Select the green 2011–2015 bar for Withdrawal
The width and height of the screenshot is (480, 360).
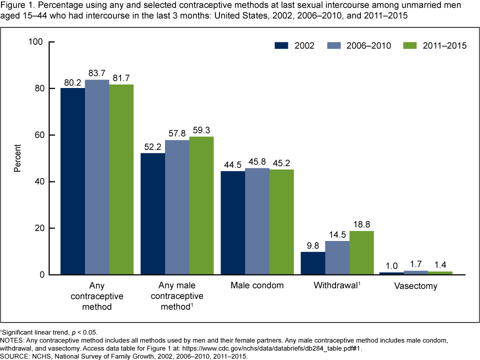[x=361, y=252]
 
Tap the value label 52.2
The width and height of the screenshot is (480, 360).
[x=152, y=147]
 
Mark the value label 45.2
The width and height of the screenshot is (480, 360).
[x=281, y=163]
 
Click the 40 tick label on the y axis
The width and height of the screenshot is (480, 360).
[x=40, y=181]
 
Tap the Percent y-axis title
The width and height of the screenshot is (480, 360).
[x=17, y=158]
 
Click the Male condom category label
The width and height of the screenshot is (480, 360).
[x=257, y=286]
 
